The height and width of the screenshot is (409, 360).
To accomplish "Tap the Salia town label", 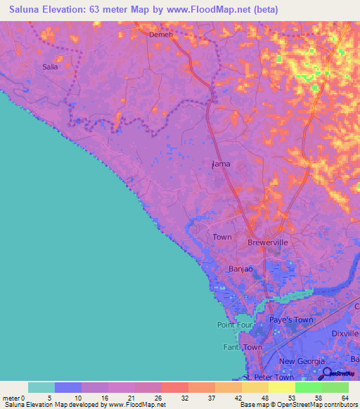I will point(50,67).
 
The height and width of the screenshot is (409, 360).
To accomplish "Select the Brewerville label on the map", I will point(268,242).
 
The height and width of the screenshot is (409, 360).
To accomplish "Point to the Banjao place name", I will point(240,269).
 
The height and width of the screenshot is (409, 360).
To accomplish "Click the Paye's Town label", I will point(292,320).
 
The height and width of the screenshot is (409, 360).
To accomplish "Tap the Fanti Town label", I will point(243,348).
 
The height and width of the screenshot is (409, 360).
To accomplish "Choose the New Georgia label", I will point(301,361).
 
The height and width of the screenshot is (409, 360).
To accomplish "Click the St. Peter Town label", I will point(263,377).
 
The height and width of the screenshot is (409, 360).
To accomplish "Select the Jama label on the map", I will point(221,164).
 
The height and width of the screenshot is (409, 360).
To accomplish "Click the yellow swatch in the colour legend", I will point(282,387).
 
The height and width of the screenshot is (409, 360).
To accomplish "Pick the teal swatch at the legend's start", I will point(41,387).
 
